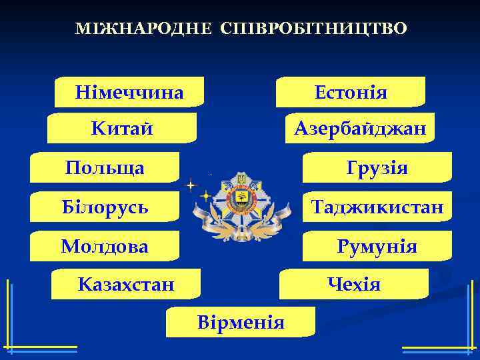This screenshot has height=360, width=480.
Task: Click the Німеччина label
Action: (129, 92)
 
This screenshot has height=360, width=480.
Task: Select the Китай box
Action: (122, 127)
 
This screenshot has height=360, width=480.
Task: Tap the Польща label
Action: (105, 167)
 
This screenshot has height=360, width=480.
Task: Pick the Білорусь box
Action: (105, 207)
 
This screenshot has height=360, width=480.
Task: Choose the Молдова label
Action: (105, 246)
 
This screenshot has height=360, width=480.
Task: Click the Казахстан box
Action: (126, 285)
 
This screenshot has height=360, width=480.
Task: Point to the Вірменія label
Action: (241, 323)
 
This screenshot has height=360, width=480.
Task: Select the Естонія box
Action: (351, 92)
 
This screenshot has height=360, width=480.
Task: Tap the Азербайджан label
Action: (360, 127)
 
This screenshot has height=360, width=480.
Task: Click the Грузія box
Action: (377, 167)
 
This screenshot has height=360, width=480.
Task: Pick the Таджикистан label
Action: (377, 207)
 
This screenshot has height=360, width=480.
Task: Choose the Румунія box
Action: (377, 247)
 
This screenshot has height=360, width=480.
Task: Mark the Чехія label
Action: (354, 285)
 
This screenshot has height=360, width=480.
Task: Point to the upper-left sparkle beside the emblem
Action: (191, 184)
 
